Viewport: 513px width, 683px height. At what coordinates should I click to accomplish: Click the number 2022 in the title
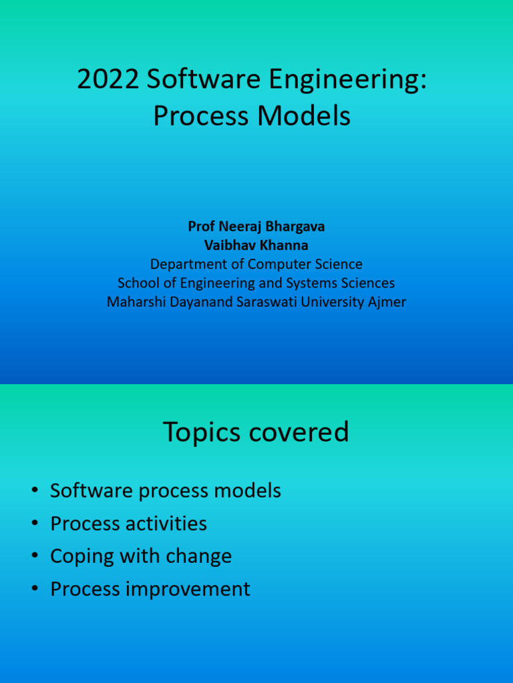(108, 81)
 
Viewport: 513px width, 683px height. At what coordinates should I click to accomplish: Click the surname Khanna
(285, 245)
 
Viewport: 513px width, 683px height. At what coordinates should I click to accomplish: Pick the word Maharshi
(135, 302)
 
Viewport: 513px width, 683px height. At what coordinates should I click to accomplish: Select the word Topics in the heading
(202, 433)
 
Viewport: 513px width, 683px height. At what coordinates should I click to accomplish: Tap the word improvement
(189, 590)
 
